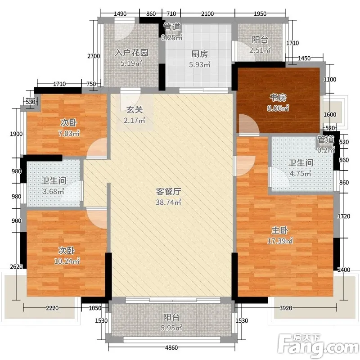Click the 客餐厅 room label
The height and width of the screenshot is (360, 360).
point(168,192)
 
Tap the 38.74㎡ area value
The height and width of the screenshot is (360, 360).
point(168,202)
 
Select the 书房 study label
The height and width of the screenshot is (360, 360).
point(278,98)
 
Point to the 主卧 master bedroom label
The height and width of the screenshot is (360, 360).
point(280,230)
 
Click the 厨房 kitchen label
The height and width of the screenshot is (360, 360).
point(200,54)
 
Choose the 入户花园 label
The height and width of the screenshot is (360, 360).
point(131,53)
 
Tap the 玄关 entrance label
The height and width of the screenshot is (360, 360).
point(135,109)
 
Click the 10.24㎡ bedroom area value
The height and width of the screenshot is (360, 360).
point(67,261)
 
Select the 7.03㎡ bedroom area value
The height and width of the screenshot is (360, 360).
point(69,133)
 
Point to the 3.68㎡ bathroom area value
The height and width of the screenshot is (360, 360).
point(53,191)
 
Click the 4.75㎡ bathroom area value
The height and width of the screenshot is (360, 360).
point(301,173)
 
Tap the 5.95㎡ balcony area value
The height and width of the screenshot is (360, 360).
point(171,328)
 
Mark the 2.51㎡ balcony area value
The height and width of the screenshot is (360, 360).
point(260,50)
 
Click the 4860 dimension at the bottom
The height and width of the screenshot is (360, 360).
point(171,347)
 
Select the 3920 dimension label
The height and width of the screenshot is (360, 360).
point(286,308)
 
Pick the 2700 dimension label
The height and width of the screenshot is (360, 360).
point(94,56)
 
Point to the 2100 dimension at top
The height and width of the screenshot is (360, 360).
point(207,14)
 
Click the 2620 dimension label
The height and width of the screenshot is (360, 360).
point(17,266)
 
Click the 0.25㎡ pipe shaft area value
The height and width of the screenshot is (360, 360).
point(172,37)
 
